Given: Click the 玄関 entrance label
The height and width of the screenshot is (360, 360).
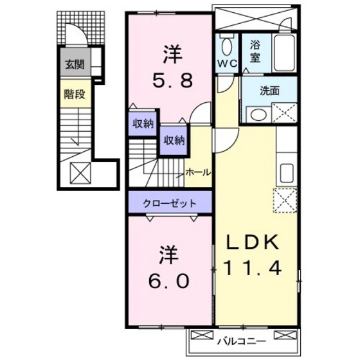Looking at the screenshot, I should pyautogui.click(x=71, y=64).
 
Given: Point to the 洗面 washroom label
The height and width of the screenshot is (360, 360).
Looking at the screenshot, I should pyautogui.click(x=269, y=91).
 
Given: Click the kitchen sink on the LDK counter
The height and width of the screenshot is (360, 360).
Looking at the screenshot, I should pyautogui.click(x=287, y=172).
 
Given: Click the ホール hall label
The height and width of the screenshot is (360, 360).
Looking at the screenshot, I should pyautogui.click(x=195, y=172).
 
